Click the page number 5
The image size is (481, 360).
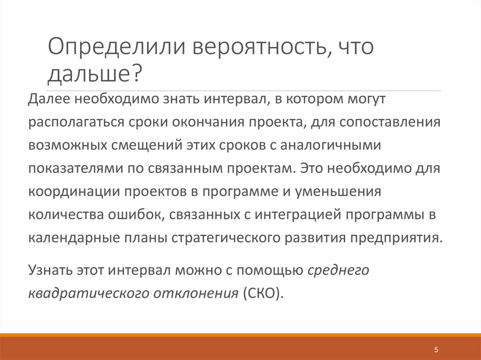[x=436, y=350]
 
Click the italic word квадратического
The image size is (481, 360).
[x=87, y=293]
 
